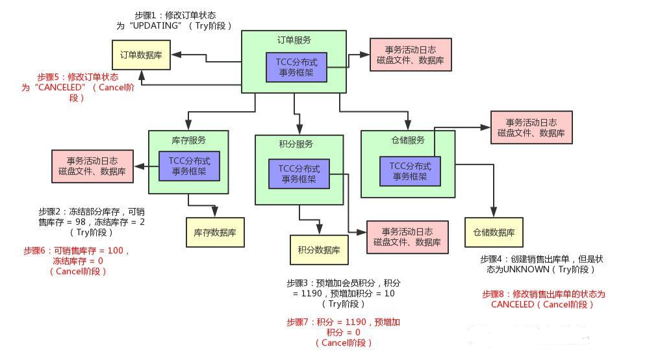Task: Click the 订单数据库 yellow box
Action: click(x=141, y=55)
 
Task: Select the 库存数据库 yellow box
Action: click(x=215, y=231)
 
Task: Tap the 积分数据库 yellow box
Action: click(x=318, y=250)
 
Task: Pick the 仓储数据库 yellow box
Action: click(x=494, y=233)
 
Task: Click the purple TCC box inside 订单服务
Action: click(x=296, y=67)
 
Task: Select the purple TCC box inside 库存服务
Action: click(x=189, y=166)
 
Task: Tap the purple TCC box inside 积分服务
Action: click(x=299, y=174)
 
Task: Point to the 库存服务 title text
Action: click(x=188, y=140)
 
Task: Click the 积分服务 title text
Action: click(x=299, y=144)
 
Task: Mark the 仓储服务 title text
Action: click(x=407, y=140)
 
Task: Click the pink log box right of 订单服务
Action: click(x=411, y=55)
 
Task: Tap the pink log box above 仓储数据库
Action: click(x=531, y=127)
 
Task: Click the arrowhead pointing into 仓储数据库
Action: click(x=494, y=213)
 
